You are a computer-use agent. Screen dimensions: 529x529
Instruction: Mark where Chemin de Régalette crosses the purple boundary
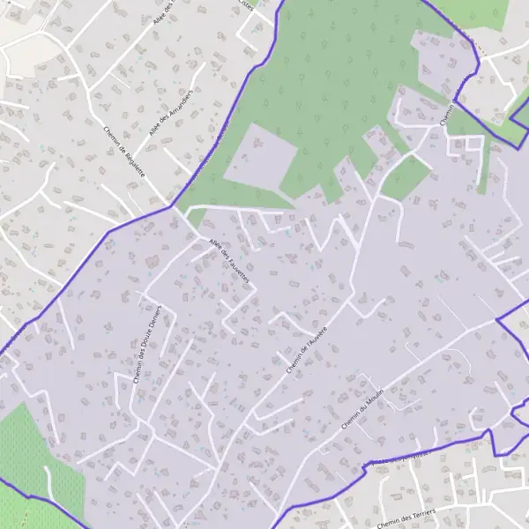(x=173, y=208)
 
